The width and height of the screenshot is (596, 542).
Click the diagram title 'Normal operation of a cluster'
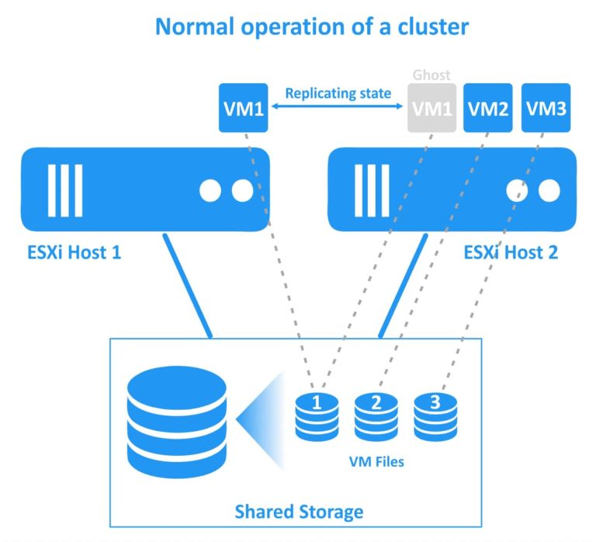[x=312, y=26]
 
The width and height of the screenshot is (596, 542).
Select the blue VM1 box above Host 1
[x=244, y=108]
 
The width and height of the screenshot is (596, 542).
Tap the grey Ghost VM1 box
[x=431, y=108]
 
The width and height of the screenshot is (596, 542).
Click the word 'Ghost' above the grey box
[x=431, y=76]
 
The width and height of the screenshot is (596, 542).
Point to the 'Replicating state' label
[x=338, y=93]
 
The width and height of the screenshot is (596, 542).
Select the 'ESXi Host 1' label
[x=73, y=252]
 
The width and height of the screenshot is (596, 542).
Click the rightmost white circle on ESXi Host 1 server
[x=242, y=190]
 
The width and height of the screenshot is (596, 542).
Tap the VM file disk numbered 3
[x=435, y=416]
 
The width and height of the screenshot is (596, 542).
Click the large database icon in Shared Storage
[x=178, y=423]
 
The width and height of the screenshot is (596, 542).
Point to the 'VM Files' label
[x=376, y=461]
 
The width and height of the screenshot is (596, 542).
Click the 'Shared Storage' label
[x=299, y=512]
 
